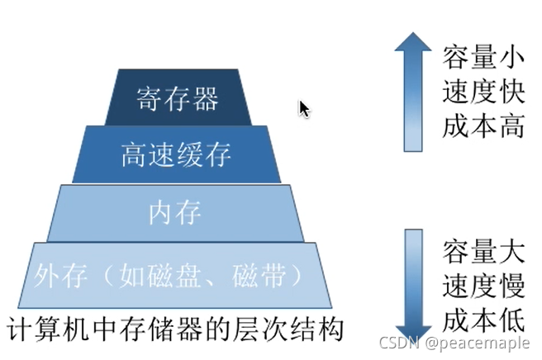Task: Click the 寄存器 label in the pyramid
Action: point(177,99)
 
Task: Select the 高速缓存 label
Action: point(176,154)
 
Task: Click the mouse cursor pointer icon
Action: point(304,108)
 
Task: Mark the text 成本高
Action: point(483,128)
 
